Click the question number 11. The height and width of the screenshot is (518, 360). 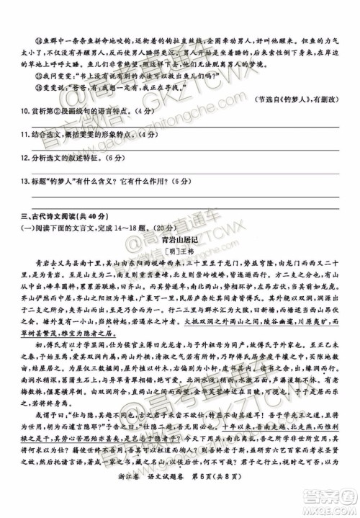(24, 135)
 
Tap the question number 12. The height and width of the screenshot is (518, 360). (24, 156)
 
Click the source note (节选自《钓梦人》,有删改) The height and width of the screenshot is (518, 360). (296, 99)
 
